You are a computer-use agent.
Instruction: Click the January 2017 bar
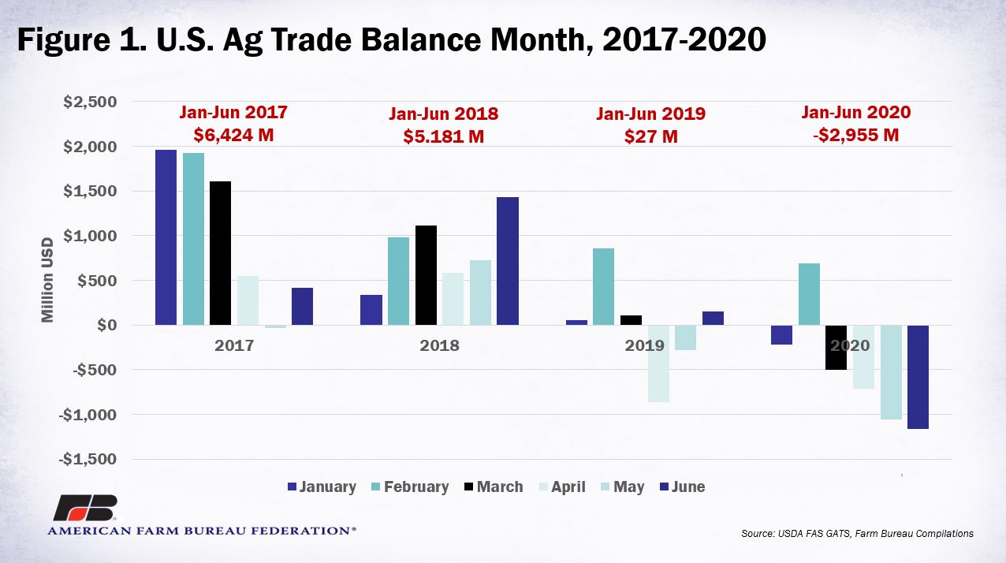point(166,237)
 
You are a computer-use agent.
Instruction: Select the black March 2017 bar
point(221,253)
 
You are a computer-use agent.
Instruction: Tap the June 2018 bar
point(508,261)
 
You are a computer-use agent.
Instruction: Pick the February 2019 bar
point(604,287)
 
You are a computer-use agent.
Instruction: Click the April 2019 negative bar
point(658,364)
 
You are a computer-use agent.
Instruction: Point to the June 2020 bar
point(918,377)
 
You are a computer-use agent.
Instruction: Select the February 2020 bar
point(809,294)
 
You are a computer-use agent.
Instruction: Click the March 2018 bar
point(426,275)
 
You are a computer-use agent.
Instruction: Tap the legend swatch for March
point(469,487)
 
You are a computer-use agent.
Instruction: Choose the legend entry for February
point(410,487)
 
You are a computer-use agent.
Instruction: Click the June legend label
point(688,487)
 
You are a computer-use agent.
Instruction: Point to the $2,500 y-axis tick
point(90,102)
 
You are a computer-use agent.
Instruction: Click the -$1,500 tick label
point(88,459)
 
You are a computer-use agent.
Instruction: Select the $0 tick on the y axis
point(107,325)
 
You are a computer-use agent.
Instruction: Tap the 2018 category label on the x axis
point(439,345)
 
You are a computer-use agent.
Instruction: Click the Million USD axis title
point(47,280)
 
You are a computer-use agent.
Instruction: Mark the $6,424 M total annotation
point(233,135)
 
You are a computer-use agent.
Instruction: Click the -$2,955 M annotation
point(856,135)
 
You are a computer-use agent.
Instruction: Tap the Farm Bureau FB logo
point(85,508)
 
